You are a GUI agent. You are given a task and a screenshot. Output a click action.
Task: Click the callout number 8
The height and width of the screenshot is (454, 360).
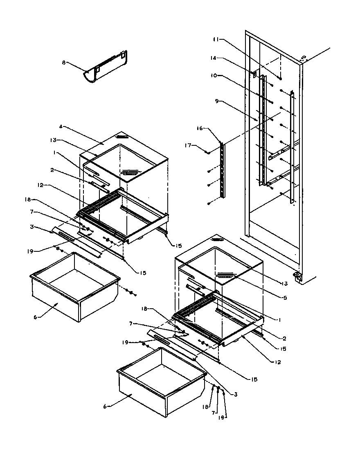pyautogui.click(x=63, y=63)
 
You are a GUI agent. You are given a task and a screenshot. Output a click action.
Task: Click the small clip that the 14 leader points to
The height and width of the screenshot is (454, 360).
pyautogui.click(x=254, y=74)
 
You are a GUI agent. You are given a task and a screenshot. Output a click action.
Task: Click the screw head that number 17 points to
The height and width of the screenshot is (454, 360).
pyautogui.click(x=208, y=153)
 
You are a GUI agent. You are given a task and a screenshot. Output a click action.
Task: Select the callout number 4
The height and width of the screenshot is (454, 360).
pyautogui.click(x=61, y=126)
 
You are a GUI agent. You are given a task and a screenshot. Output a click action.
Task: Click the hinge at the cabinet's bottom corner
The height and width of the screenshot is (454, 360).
pyautogui.click(x=297, y=277)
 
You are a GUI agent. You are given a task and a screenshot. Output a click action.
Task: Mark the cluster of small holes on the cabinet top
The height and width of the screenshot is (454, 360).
pyautogui.click(x=303, y=59)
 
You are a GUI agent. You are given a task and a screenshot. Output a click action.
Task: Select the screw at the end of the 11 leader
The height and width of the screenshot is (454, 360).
pyautogui.click(x=280, y=77)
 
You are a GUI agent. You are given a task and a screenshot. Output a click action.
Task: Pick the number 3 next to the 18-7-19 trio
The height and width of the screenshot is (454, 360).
pyautogui.click(x=236, y=395)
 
